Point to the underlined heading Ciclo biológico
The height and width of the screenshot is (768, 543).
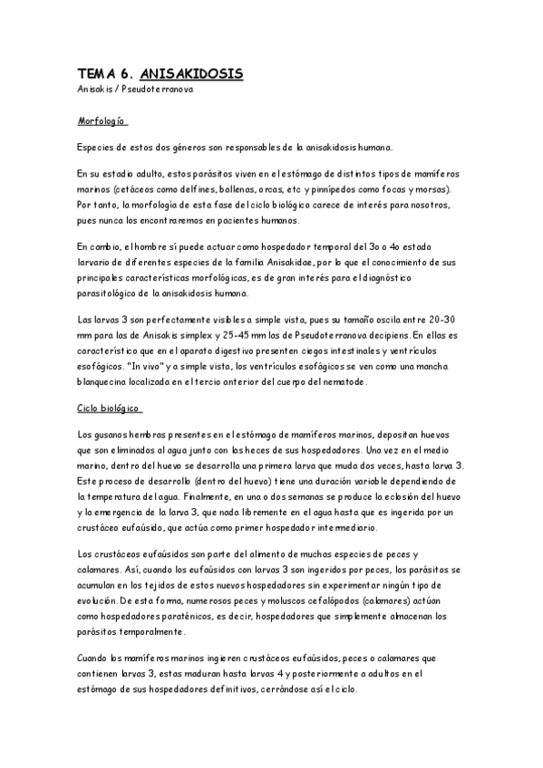coord(108,408)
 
